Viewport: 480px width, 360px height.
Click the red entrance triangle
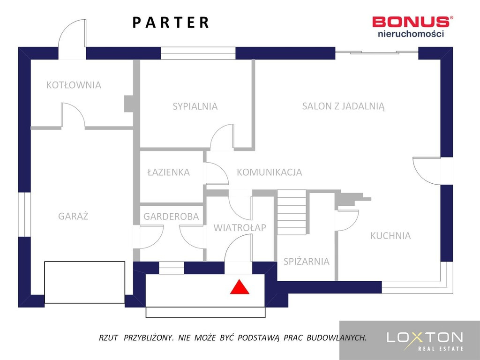point(240,288)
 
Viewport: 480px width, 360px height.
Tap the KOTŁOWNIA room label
point(74,85)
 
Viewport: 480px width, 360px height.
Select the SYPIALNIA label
point(195,106)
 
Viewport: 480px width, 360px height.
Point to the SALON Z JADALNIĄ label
point(343,106)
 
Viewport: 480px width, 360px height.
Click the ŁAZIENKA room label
point(168,172)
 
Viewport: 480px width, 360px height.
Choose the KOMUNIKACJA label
point(270,172)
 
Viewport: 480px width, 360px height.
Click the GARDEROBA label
point(171,217)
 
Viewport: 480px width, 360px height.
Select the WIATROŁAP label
point(240,227)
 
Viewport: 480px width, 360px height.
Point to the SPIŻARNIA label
point(307,261)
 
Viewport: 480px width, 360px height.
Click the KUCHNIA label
point(390,235)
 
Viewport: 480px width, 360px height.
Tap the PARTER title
point(171,22)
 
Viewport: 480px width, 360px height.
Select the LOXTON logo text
point(425,337)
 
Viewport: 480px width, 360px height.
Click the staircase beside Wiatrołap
point(292,212)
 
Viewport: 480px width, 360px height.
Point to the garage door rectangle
point(84,282)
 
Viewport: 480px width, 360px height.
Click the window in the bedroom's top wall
point(198,53)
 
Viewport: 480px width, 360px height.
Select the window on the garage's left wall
point(24,215)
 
